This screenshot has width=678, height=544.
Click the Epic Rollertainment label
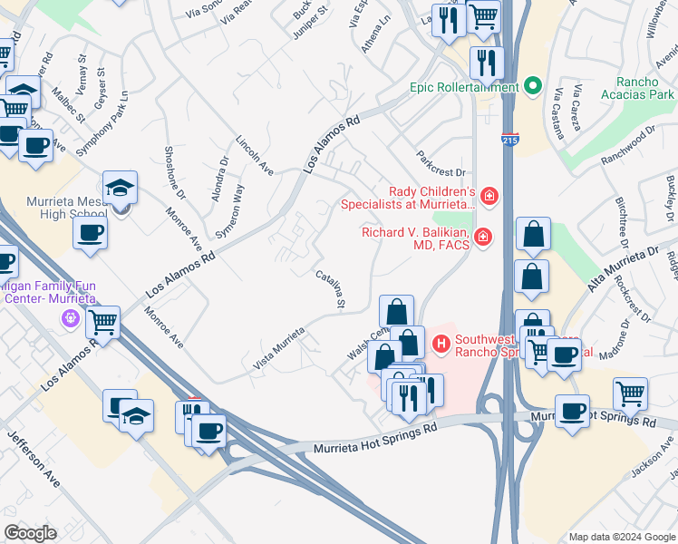(x=463, y=88)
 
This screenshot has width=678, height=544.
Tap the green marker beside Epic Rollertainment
(x=533, y=88)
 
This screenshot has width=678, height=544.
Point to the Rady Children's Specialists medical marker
(x=489, y=195)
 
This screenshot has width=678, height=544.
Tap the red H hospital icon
(x=441, y=344)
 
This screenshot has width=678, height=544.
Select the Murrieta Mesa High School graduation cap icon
(x=120, y=187)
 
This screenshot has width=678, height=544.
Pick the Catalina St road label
(x=330, y=288)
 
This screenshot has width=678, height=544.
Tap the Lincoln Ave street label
(x=255, y=155)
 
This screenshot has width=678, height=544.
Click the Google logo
(x=30, y=533)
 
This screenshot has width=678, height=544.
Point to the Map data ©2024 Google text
(x=621, y=537)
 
